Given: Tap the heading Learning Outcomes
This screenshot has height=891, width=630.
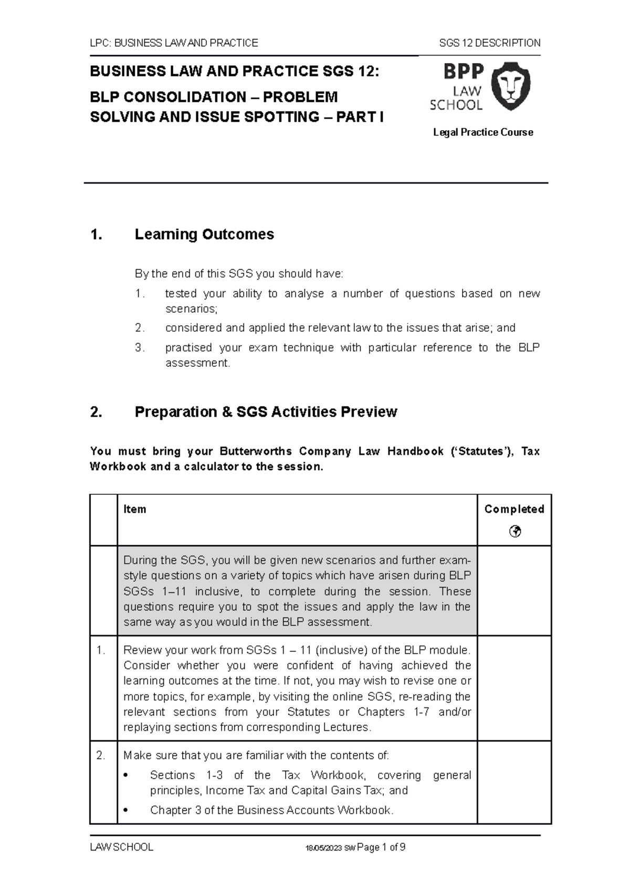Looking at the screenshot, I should tap(204, 234).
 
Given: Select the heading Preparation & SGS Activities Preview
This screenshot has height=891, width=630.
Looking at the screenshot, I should tap(266, 412).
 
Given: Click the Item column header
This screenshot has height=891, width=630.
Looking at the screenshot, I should tap(134, 509).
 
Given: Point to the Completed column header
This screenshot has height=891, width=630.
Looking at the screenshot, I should tap(514, 509).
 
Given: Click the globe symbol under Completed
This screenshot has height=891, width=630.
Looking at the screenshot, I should tap(514, 532).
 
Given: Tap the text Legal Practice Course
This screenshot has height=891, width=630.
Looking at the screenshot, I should tap(483, 132).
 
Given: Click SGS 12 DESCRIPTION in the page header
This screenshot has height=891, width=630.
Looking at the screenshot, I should tap(489, 43).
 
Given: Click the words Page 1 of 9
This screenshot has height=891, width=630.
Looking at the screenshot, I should tap(381, 847).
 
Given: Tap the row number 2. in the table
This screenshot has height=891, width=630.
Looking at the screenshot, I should tap(101, 756).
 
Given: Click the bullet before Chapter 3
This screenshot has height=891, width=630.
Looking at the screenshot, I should tap(125, 811).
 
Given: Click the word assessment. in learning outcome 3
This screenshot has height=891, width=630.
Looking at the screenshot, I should tap(197, 363).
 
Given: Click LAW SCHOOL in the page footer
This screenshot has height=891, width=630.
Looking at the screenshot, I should tap(121, 847).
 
